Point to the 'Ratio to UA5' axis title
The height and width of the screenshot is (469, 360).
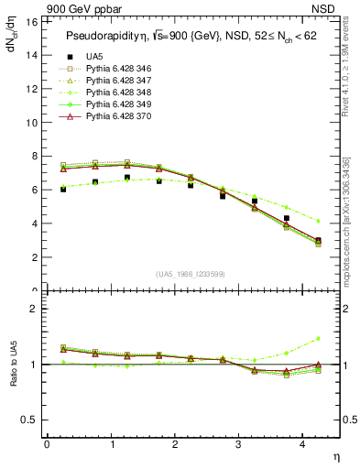point(12,365)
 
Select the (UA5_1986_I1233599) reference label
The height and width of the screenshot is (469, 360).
point(180,274)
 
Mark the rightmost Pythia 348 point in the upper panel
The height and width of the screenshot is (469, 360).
point(318,221)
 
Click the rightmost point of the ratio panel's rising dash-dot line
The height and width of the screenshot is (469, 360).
point(318,338)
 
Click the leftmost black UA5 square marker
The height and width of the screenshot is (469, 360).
point(62,189)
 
